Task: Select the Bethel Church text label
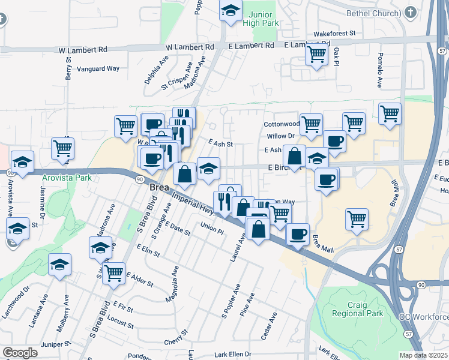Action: point(373,13)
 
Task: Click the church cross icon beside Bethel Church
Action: point(411,13)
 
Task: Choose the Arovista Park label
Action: point(67,178)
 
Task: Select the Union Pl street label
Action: point(212,227)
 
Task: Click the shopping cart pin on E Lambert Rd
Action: point(316,56)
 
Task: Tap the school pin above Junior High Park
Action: point(231,11)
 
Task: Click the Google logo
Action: point(20,353)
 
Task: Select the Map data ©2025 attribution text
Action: point(423,355)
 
